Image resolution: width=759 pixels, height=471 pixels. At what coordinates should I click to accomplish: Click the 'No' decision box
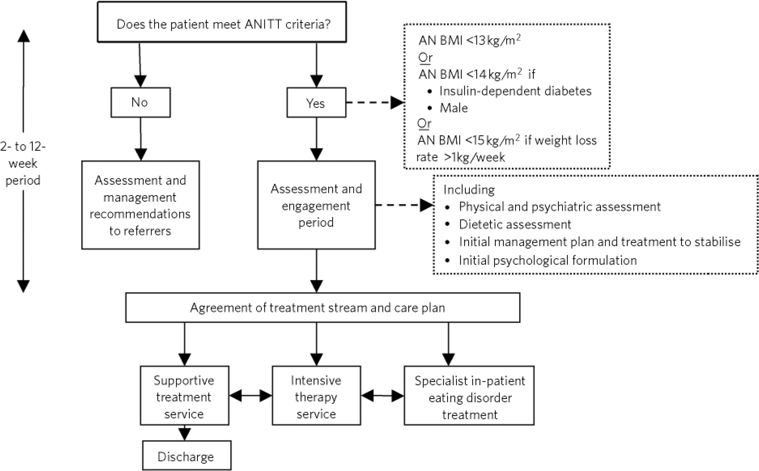[140, 102]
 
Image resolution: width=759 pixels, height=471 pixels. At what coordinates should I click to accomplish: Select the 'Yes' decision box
[316, 103]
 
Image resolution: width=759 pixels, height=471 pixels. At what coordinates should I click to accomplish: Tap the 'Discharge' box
[186, 456]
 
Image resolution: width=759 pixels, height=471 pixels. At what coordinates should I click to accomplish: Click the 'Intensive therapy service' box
[316, 396]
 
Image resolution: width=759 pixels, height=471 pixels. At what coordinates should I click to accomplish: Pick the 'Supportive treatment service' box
[184, 396]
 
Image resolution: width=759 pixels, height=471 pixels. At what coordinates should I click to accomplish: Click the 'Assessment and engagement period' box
[316, 205]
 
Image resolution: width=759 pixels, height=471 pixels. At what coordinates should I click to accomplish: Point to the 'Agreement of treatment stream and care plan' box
[323, 308]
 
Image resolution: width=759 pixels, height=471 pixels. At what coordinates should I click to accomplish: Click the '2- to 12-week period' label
[23, 163]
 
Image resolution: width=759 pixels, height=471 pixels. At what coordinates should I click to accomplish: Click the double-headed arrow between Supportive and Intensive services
[250, 396]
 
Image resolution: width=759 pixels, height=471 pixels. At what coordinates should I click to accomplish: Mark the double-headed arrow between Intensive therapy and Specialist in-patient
[382, 396]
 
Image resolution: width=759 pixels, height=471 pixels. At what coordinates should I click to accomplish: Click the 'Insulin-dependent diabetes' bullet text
[515, 91]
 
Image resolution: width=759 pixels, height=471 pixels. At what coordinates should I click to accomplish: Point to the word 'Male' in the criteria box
[454, 108]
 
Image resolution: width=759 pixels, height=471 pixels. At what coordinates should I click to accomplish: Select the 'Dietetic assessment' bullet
[515, 224]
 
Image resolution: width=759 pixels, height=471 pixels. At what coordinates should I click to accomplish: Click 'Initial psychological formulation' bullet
[548, 260]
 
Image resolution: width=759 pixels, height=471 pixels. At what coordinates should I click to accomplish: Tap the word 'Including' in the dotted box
[469, 189]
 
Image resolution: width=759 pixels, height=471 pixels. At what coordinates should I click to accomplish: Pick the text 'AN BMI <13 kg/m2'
[469, 40]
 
